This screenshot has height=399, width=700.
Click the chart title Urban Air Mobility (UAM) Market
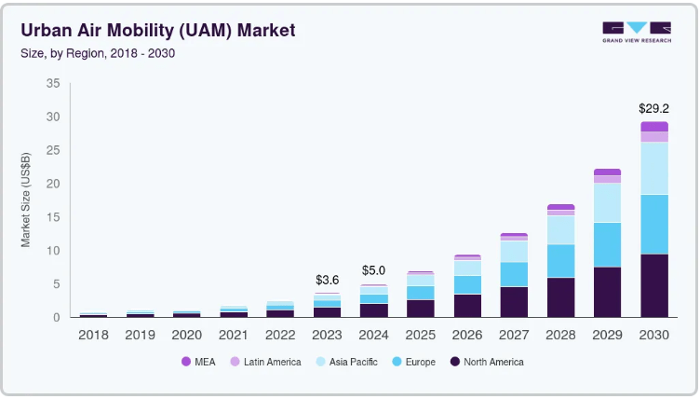coord(157,31)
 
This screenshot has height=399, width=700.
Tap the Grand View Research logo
coord(636,32)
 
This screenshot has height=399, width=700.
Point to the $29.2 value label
coord(653,109)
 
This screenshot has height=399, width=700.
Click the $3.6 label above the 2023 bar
coord(327,280)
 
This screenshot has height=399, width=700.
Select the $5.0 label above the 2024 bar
coord(372,270)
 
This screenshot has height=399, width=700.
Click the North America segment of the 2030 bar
coord(653,285)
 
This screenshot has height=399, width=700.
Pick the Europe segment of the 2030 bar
coord(653,224)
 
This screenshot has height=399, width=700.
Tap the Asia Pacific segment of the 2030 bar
coord(653,168)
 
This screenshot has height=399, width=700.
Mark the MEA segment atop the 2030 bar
coord(653,126)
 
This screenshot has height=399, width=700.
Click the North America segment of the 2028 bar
coord(560,297)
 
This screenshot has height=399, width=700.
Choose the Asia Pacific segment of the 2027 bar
coord(514,251)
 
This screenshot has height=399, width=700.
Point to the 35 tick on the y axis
coord(52,84)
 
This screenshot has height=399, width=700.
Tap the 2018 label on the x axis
coord(93,333)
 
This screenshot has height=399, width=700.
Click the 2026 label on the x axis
coord(466,333)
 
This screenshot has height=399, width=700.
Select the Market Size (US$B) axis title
coord(27,199)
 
